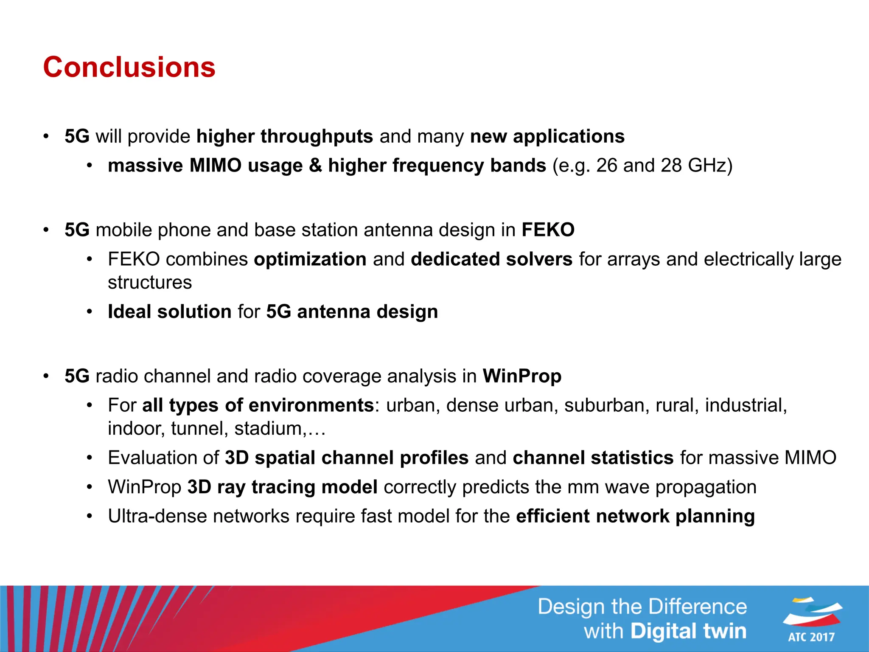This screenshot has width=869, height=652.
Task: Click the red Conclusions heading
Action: click(x=129, y=67)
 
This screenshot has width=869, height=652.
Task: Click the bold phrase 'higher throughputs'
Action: click(x=284, y=137)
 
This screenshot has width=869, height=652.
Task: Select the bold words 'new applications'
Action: click(x=547, y=137)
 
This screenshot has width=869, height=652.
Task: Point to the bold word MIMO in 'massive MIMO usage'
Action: click(x=215, y=166)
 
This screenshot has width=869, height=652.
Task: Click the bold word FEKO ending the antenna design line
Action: click(x=548, y=230)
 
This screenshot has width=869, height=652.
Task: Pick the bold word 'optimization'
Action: click(x=310, y=259)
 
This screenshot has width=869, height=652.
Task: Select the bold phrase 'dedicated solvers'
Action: click(x=491, y=259)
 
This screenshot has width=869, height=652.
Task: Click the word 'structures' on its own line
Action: click(x=150, y=283)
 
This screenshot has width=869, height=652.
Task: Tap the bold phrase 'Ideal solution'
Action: click(x=169, y=312)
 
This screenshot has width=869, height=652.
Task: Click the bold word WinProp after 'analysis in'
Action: click(x=522, y=377)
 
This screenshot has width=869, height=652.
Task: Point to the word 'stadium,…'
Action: click(x=280, y=429)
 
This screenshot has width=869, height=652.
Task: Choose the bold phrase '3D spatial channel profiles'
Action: click(x=346, y=458)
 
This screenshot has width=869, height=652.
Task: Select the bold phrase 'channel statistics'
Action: click(x=593, y=458)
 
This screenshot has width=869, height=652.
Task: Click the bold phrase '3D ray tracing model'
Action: click(x=282, y=487)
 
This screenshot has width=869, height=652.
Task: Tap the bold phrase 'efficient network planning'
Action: click(x=635, y=517)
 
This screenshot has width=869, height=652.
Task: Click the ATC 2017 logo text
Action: click(x=811, y=637)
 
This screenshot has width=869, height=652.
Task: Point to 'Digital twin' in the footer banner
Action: click(x=688, y=631)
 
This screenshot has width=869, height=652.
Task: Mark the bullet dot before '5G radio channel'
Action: click(x=46, y=377)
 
